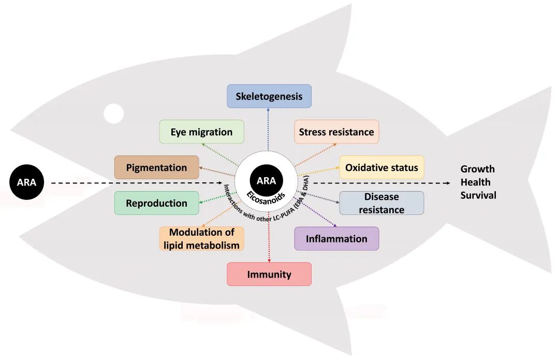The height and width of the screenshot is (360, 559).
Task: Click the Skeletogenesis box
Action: (x=269, y=96)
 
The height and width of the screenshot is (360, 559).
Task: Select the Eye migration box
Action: (x=201, y=132)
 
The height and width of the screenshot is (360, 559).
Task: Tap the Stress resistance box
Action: (x=336, y=132)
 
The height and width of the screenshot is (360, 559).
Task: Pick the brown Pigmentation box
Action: (x=156, y=167)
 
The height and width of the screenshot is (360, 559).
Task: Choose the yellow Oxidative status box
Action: (x=381, y=167)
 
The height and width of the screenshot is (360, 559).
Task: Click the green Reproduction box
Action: (x=156, y=203)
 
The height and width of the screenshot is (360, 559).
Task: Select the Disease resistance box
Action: (x=381, y=203)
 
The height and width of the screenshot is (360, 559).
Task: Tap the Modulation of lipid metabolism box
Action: (x=201, y=239)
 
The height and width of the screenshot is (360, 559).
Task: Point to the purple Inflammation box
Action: (x=336, y=239)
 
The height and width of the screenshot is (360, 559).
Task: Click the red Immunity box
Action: (x=269, y=274)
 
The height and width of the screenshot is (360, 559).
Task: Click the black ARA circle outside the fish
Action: (x=27, y=182)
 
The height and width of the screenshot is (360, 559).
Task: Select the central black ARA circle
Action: (x=267, y=181)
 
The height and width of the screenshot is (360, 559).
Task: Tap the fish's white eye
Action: (x=114, y=113)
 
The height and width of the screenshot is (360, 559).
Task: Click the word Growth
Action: (x=477, y=169)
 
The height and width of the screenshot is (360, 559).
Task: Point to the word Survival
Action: (x=478, y=195)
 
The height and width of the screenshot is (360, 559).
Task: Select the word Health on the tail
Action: (x=475, y=182)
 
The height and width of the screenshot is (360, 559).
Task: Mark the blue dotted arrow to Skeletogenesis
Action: (x=268, y=129)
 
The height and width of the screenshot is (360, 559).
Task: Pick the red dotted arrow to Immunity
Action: (x=269, y=237)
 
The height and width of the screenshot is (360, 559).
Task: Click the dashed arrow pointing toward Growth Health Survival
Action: (x=381, y=183)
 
